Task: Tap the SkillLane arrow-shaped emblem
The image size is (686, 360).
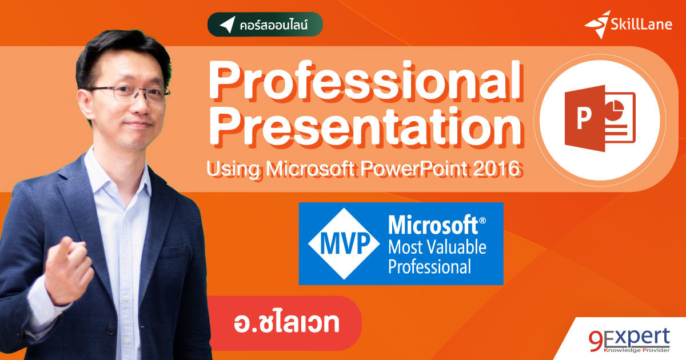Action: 597,24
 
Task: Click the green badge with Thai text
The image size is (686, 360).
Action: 265,25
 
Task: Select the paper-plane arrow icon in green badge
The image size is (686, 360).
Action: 227,25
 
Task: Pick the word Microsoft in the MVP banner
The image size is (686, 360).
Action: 432,225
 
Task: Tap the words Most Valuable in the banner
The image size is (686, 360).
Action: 437,248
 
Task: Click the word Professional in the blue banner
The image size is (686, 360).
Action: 429,267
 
